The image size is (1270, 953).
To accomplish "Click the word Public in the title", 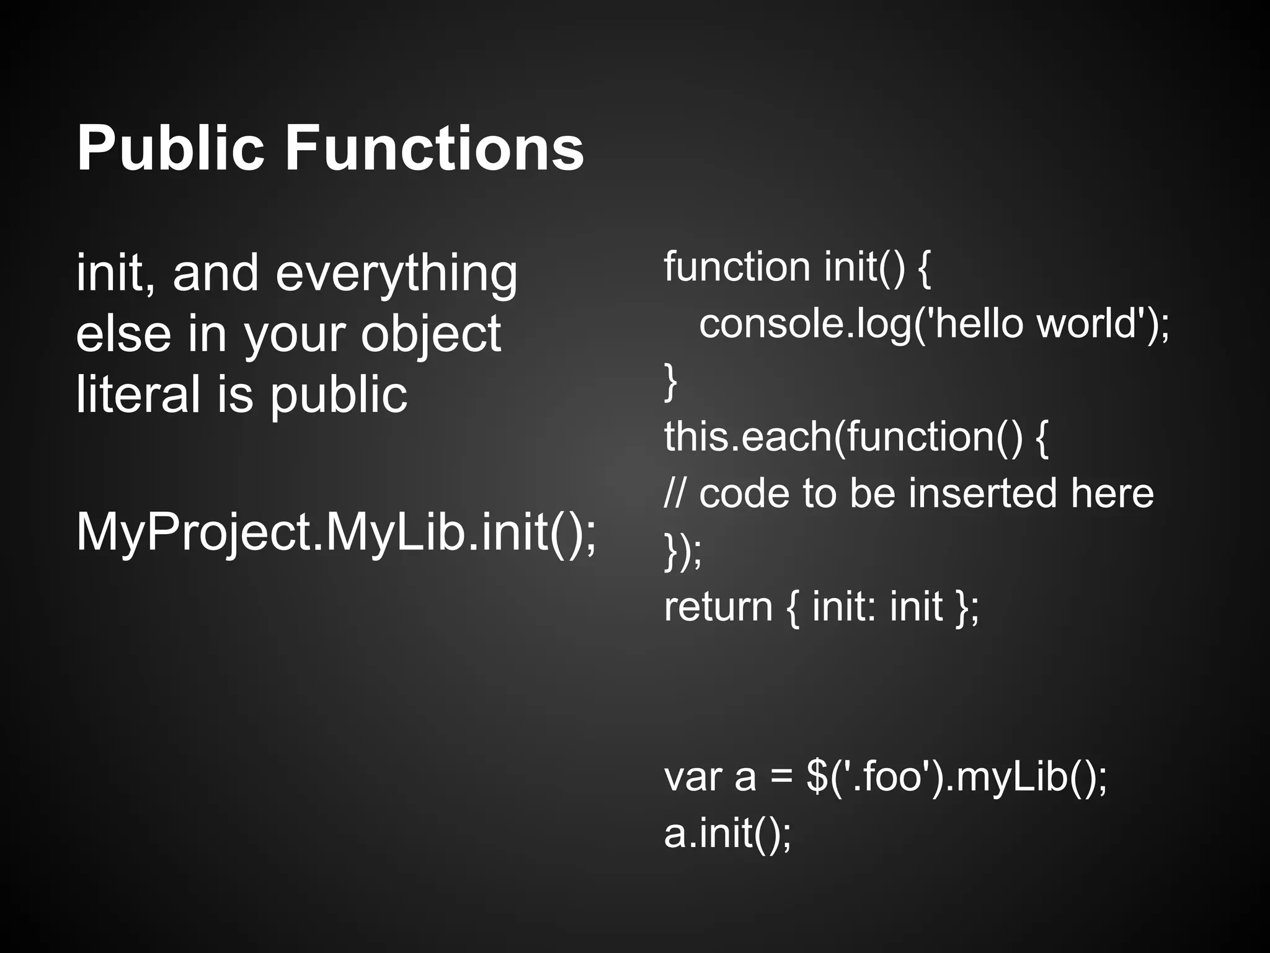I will click(x=171, y=149).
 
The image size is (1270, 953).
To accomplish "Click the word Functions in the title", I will click(x=434, y=149).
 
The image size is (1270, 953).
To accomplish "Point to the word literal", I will click(x=138, y=395).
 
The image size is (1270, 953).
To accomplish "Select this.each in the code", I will click(x=748, y=436).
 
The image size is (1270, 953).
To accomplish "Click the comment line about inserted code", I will click(x=908, y=493).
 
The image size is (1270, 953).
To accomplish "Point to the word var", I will click(x=693, y=777).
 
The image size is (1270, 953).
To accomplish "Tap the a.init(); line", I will click(x=727, y=833).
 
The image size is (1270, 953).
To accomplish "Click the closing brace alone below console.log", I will click(x=670, y=382).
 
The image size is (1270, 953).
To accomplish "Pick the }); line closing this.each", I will click(x=683, y=550).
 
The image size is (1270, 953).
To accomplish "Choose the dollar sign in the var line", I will click(x=817, y=777).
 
